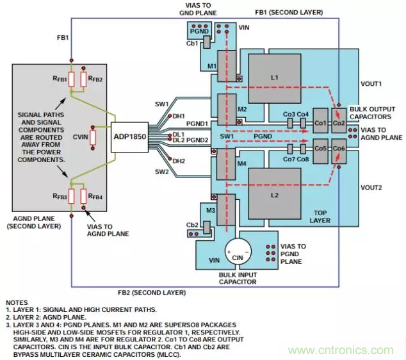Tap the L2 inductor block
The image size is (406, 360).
click(x=275, y=193)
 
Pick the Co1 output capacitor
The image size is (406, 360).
click(x=320, y=123)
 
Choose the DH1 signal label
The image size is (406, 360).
click(x=179, y=116)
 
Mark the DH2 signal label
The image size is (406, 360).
click(x=179, y=161)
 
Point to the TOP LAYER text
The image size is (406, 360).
click(x=320, y=217)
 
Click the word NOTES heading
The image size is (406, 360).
click(x=18, y=302)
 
